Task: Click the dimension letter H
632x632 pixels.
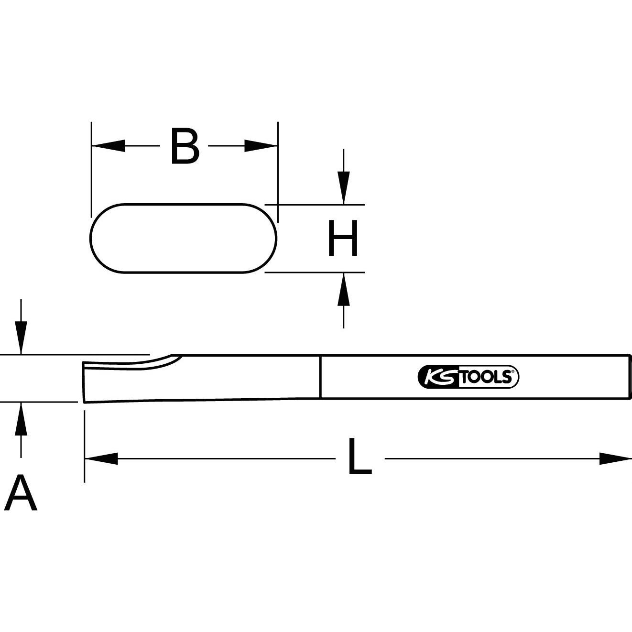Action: click(x=343, y=238)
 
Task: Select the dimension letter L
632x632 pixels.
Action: click(x=360, y=457)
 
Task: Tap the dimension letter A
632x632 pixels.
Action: click(x=20, y=493)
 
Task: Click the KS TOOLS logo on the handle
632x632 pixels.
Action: click(x=468, y=377)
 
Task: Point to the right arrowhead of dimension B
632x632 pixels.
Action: click(x=261, y=146)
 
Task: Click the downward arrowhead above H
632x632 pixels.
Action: click(x=343, y=187)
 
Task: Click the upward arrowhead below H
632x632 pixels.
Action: click(x=343, y=290)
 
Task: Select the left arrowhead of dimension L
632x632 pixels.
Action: click(x=101, y=458)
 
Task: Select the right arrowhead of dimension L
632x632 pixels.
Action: click(x=615, y=458)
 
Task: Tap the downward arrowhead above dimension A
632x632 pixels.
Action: click(x=21, y=338)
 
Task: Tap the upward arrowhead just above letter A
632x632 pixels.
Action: click(x=21, y=419)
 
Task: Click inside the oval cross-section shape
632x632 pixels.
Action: click(x=184, y=239)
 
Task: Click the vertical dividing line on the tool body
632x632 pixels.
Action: click(x=320, y=377)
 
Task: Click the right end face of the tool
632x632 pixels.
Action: click(x=631, y=377)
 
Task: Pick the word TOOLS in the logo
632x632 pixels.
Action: click(x=487, y=378)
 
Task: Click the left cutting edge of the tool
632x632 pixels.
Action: click(x=84, y=382)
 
